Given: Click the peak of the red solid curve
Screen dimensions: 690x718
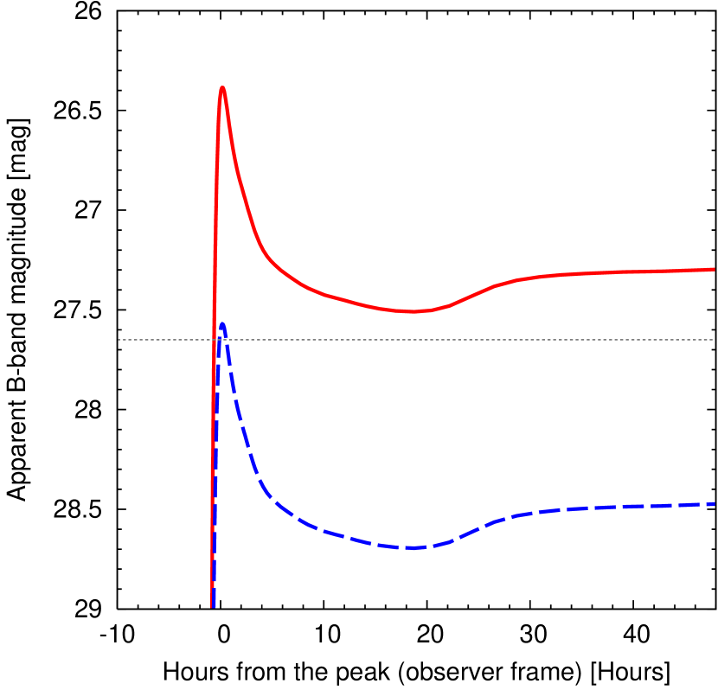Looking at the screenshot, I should click(x=222, y=87).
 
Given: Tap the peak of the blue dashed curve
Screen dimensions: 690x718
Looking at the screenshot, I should click(x=222, y=323).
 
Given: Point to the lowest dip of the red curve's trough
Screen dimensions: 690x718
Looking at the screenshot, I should click(x=413, y=311).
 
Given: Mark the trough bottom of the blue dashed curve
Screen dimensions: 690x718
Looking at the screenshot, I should click(x=413, y=547).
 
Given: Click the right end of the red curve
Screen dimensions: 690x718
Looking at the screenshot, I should click(x=714, y=269).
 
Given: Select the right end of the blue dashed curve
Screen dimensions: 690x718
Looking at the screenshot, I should click(x=714, y=503).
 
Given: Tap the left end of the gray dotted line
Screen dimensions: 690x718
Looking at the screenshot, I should click(x=119, y=340).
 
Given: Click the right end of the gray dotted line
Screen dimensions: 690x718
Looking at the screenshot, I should click(x=713, y=340).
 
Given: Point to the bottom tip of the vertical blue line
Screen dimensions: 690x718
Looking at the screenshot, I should click(x=213, y=606).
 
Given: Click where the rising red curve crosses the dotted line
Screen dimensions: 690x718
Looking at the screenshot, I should click(x=214, y=340).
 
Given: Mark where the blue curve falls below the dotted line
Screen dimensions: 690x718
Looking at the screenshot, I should click(x=228, y=340).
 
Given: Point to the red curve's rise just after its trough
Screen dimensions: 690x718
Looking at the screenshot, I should click(x=471, y=295).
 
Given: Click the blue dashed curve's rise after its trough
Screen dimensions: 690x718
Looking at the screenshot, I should click(x=471, y=531).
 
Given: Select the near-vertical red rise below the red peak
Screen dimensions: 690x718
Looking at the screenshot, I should click(x=215, y=216).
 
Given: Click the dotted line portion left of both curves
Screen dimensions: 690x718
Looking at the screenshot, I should click(x=164, y=340).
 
